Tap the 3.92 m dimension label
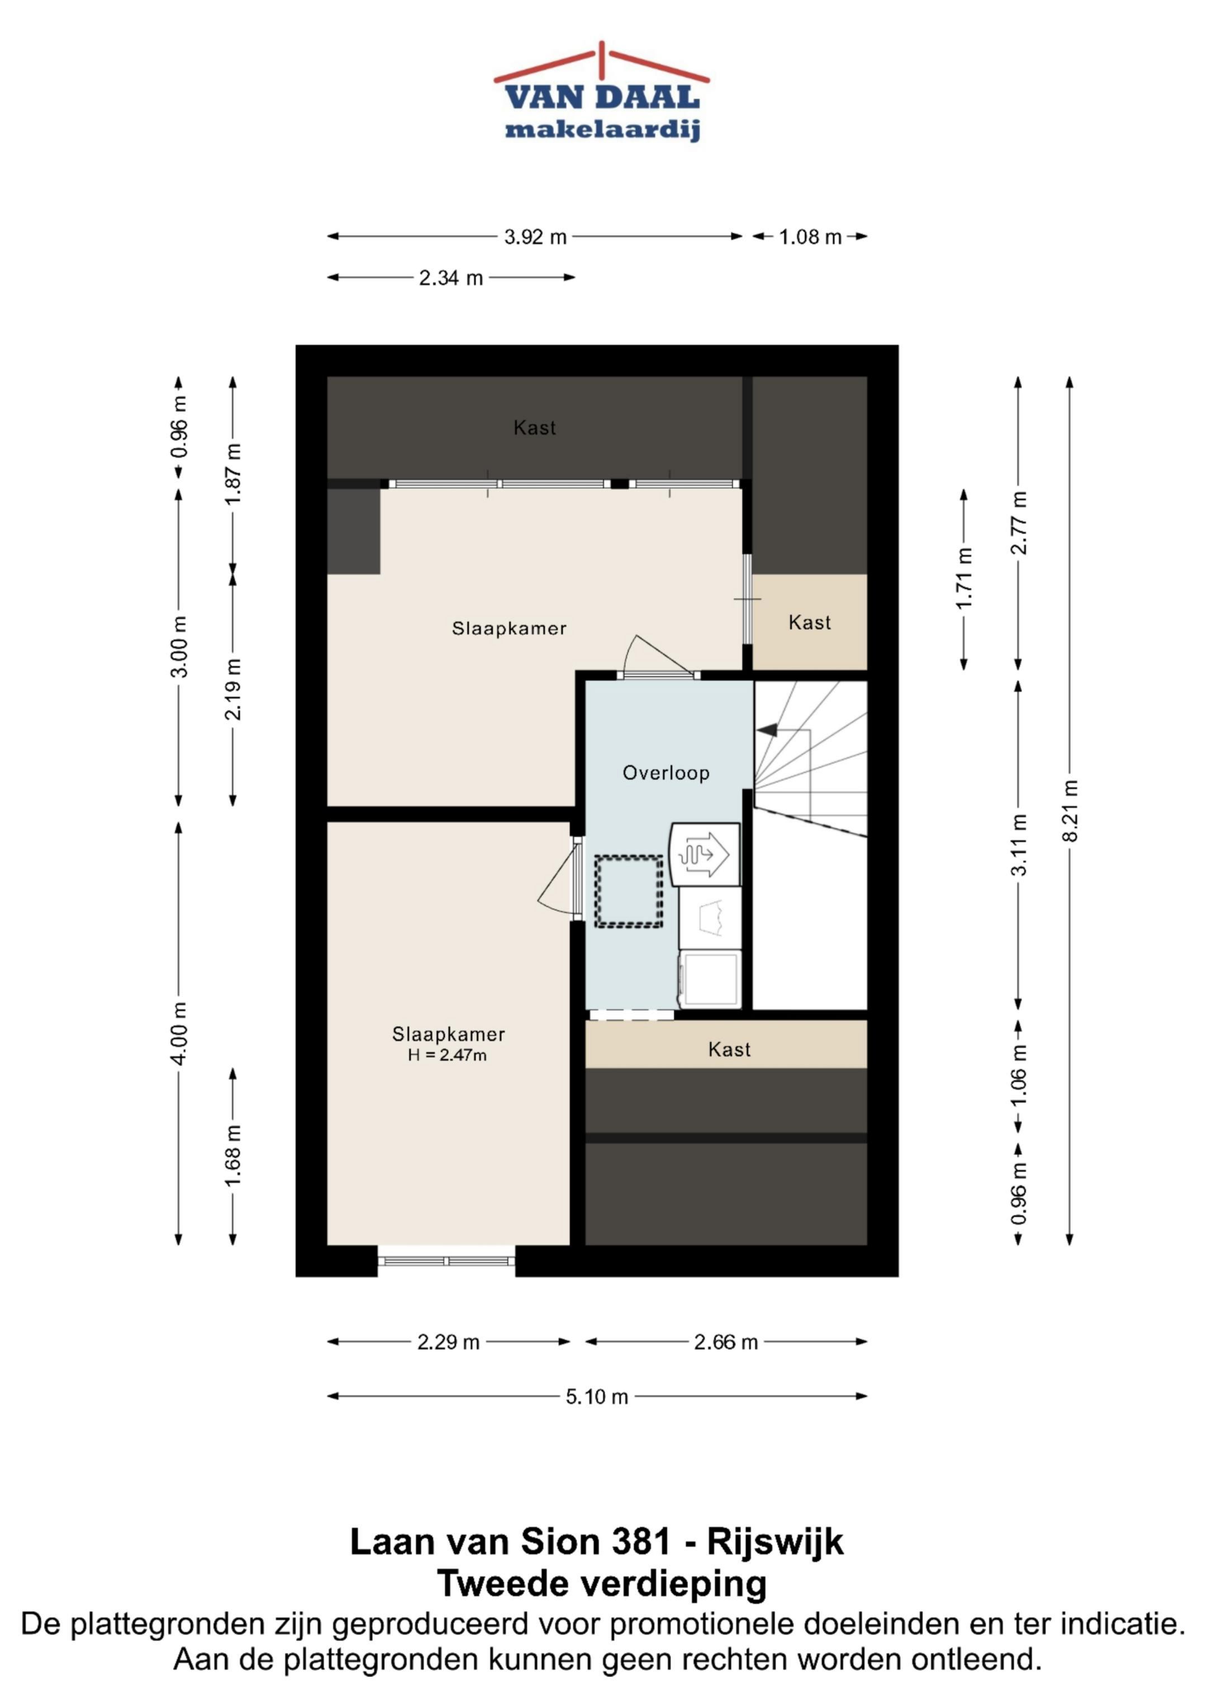click(x=535, y=237)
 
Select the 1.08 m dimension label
click(x=810, y=237)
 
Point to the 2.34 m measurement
click(x=451, y=278)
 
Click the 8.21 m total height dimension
click(x=1070, y=810)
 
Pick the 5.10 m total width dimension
click(x=597, y=1397)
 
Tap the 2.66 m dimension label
click(x=726, y=1342)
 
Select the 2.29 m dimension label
click(x=449, y=1342)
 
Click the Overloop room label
click(x=666, y=773)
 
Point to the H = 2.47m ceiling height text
click(x=447, y=1055)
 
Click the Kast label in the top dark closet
click(x=535, y=427)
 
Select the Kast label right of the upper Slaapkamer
click(x=809, y=622)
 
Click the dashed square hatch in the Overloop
click(x=629, y=891)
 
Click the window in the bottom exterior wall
click(x=446, y=1262)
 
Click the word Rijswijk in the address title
click(x=775, y=1542)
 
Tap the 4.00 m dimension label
click(x=178, y=1033)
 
